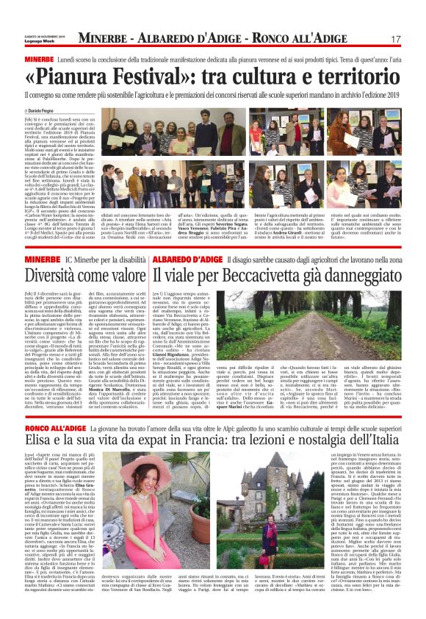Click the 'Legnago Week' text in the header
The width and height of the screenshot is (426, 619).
pyautogui.click(x=37, y=42)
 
